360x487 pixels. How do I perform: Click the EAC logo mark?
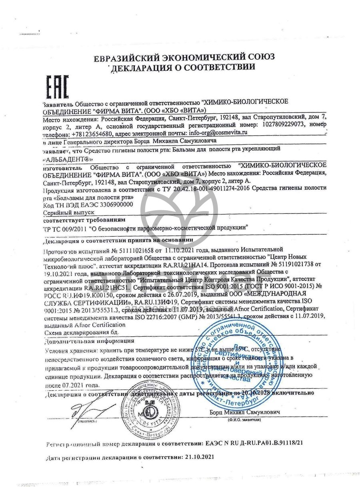tap(57, 86)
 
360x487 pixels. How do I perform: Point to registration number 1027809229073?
tap(282, 125)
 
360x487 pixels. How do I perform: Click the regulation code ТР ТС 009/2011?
tap(64, 228)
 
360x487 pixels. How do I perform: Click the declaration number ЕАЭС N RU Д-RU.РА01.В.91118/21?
tap(259, 443)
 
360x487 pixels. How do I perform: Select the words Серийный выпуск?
tap(63, 212)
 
